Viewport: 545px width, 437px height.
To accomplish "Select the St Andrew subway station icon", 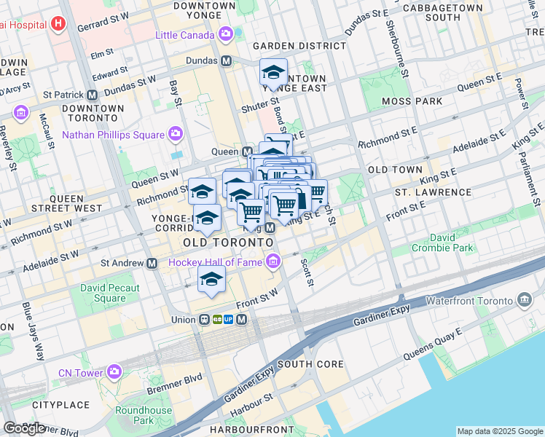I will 152,263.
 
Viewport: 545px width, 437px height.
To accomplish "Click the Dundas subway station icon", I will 227,61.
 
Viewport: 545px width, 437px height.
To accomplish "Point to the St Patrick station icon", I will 93,95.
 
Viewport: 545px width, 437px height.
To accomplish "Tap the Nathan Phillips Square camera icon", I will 175,134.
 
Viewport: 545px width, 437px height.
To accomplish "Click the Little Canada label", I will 186,35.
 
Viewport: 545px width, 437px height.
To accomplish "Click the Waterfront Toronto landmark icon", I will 525,300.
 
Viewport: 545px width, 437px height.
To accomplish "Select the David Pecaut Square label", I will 109,293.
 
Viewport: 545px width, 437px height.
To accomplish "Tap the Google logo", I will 24,428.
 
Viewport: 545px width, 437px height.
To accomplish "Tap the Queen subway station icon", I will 246,151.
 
